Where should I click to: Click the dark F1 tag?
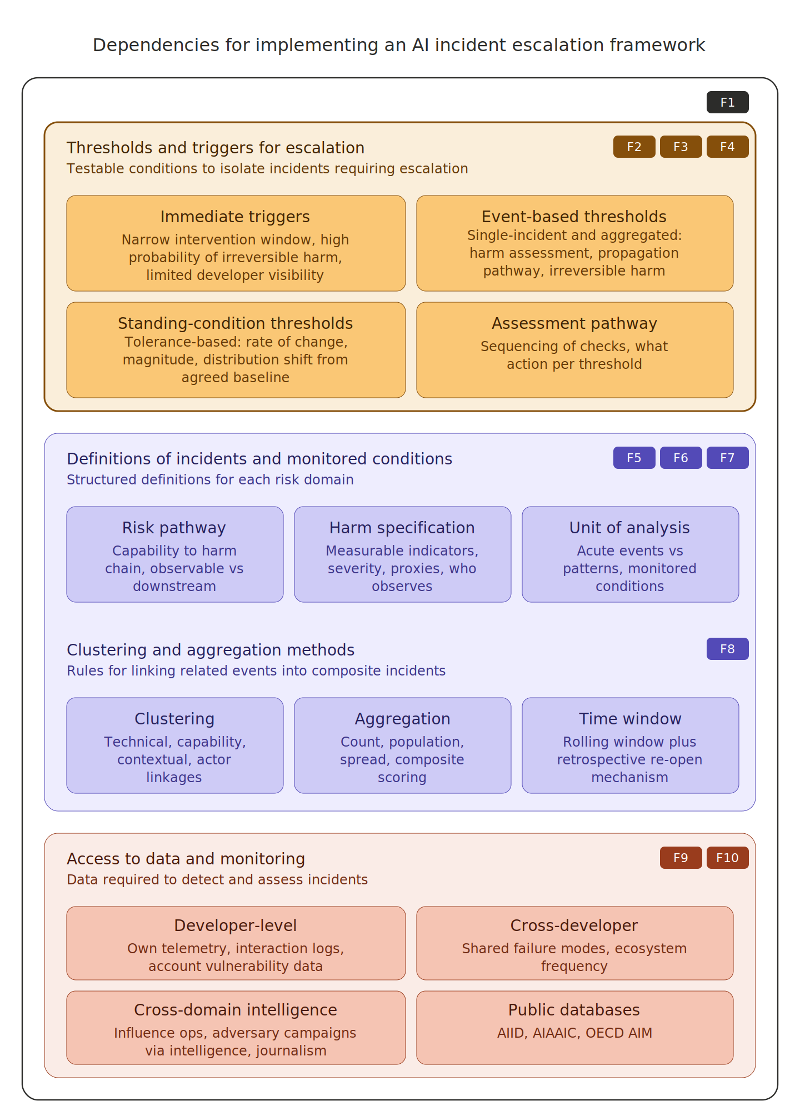(727, 102)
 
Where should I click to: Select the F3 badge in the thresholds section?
(681, 147)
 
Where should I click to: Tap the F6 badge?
(681, 458)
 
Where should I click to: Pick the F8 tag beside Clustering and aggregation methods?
(727, 649)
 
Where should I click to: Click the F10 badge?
(727, 858)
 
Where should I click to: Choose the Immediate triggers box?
(236, 243)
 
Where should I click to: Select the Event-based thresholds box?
(575, 243)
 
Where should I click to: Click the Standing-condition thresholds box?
(236, 350)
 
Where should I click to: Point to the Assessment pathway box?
(575, 350)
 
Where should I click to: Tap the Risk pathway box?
(175, 554)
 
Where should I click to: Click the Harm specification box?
(403, 554)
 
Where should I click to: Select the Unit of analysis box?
(631, 554)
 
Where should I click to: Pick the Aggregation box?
(403, 745)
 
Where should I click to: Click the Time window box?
(631, 745)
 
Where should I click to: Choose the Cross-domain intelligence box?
(236, 1028)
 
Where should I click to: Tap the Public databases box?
(575, 1028)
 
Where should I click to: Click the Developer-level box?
(236, 943)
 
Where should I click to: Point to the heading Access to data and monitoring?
(186, 859)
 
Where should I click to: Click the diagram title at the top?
(399, 45)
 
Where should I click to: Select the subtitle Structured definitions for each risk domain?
(210, 479)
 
